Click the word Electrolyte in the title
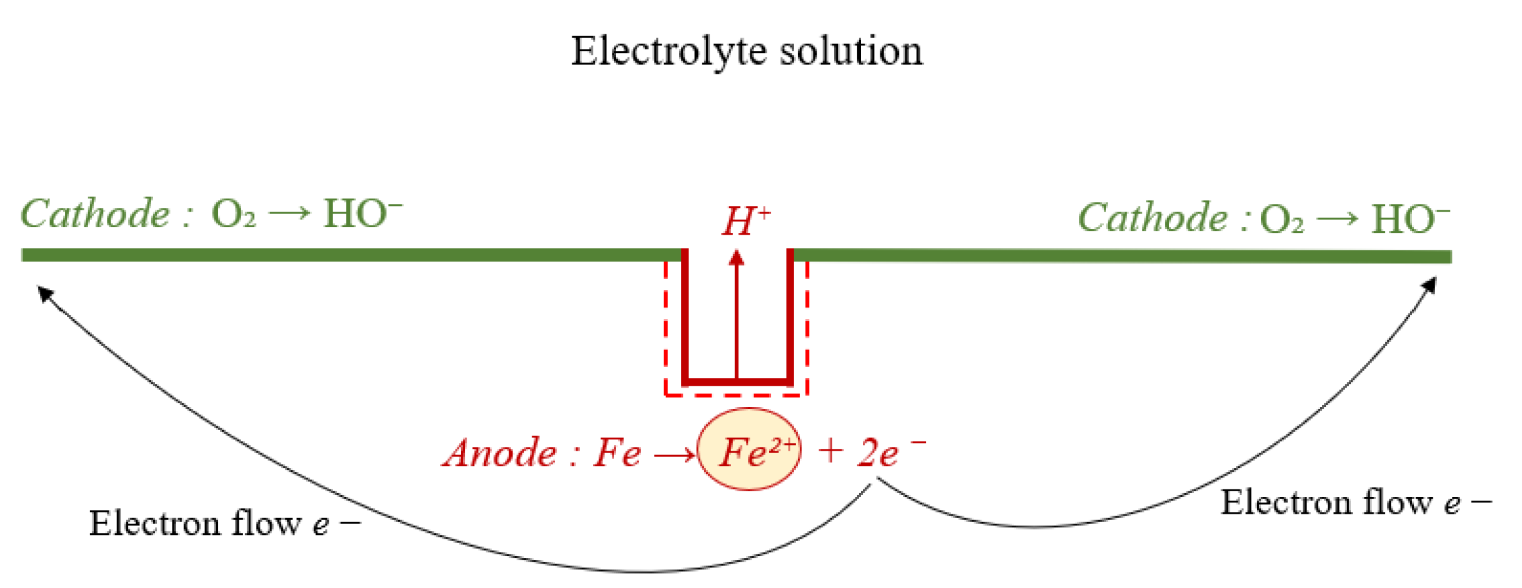coord(669,51)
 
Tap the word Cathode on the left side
coord(95,214)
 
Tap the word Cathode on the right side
coord(1153,218)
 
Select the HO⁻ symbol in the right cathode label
coord(1410,219)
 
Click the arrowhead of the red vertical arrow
coord(737,258)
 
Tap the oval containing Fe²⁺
coord(749,450)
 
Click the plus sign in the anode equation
coord(831,451)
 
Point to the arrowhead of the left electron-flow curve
coord(44,292)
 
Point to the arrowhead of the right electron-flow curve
coord(1430,285)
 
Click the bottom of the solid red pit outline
coord(737,381)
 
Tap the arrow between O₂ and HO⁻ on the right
coord(1336,219)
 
